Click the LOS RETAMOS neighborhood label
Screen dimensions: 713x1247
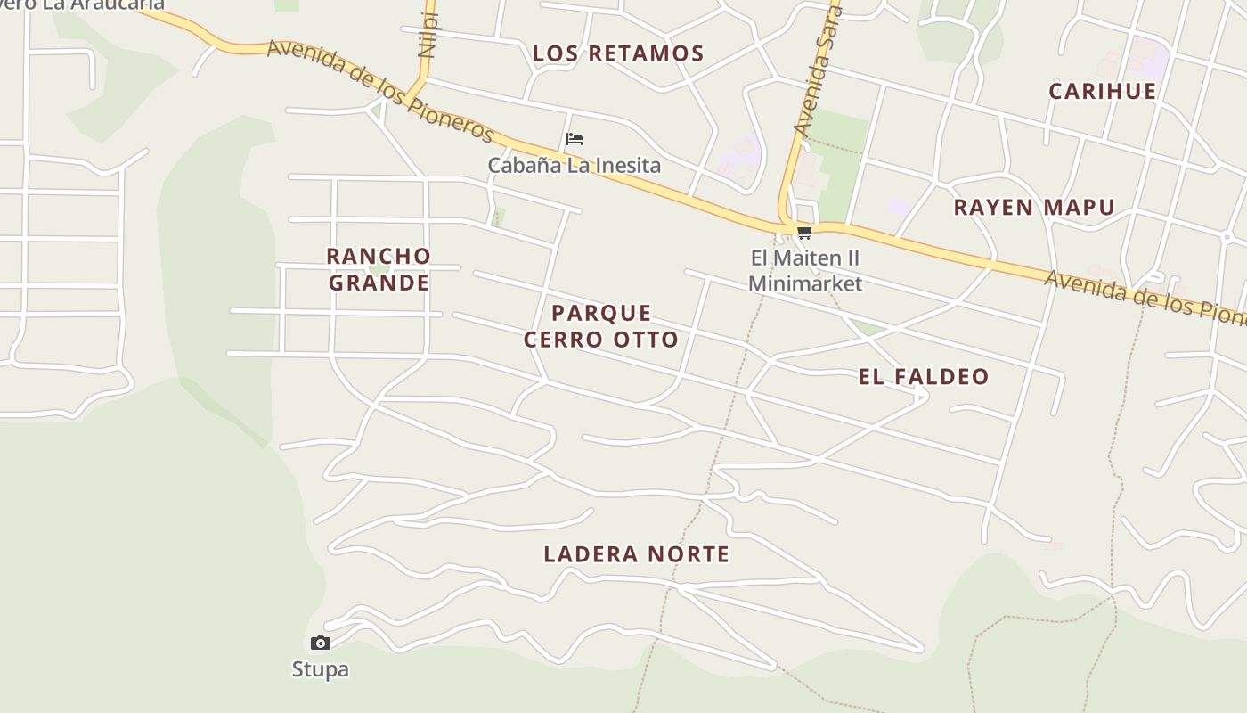click(618, 53)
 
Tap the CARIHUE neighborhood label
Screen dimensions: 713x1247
click(1103, 91)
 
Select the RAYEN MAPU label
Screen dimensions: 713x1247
click(1034, 208)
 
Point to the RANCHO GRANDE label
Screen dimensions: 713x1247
click(379, 269)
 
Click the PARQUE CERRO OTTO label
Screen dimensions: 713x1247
click(601, 326)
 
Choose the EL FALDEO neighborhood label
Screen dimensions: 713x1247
click(924, 376)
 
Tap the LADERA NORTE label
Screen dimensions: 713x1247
click(637, 554)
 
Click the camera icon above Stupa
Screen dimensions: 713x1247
click(321, 643)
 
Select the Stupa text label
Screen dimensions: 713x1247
click(321, 669)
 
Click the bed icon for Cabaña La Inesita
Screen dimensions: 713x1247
click(575, 139)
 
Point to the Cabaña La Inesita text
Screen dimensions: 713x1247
click(575, 165)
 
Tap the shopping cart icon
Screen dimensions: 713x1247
click(804, 233)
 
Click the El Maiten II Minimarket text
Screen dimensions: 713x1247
click(805, 271)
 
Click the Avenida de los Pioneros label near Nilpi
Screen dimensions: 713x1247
click(380, 90)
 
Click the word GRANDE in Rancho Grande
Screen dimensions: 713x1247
click(379, 283)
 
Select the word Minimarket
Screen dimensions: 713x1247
click(805, 284)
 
